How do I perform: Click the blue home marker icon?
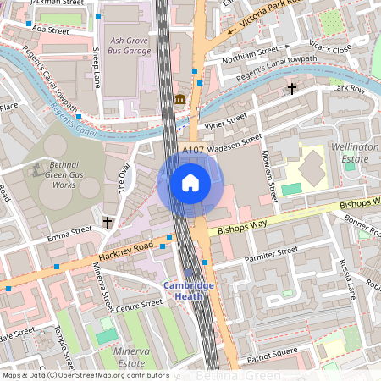190,182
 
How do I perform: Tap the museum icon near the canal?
180,101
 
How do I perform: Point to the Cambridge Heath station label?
190,291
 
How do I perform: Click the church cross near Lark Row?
292,88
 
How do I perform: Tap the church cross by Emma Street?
107,222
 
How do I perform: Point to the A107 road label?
195,149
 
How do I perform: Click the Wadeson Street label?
235,142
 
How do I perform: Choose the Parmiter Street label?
270,251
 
